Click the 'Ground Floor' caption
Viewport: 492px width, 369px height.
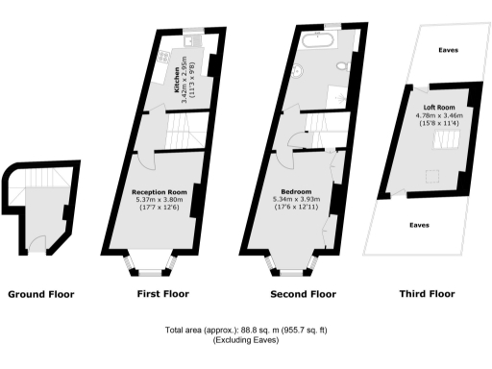(40, 294)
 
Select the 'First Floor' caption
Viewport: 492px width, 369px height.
(157, 294)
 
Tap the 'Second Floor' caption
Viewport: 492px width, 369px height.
(304, 294)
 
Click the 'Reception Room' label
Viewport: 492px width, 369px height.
(159, 192)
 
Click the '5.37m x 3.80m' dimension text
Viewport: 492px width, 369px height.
(159, 200)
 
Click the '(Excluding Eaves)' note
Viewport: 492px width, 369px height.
(245, 341)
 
